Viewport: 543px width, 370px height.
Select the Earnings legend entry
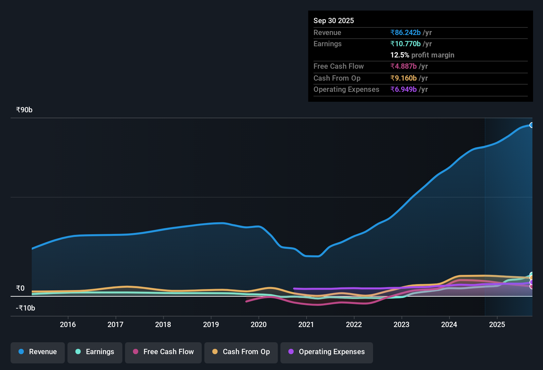[95, 352]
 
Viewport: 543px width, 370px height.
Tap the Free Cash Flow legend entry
[163, 352]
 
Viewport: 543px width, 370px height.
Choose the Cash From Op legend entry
[241, 352]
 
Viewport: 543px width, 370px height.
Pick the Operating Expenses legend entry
[327, 352]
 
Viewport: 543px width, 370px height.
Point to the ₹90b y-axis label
[24, 110]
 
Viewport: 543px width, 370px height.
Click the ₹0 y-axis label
[20, 288]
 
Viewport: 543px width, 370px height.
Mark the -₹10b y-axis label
[25, 308]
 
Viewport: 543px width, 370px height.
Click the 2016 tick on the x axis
[68, 325]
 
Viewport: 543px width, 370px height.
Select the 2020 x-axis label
[259, 325]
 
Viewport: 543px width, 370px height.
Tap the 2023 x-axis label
[401, 325]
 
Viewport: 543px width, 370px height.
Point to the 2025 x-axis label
[497, 325]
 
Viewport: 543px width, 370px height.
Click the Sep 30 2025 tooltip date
[334, 21]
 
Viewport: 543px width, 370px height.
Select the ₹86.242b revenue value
[405, 33]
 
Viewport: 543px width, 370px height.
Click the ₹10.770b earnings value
[405, 44]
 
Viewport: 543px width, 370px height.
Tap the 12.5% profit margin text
[422, 55]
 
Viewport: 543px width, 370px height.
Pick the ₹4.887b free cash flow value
[403, 66]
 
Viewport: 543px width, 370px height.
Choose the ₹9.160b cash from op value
[403, 78]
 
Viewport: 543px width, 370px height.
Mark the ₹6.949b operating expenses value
[403, 90]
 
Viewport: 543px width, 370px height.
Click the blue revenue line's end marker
[531, 125]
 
